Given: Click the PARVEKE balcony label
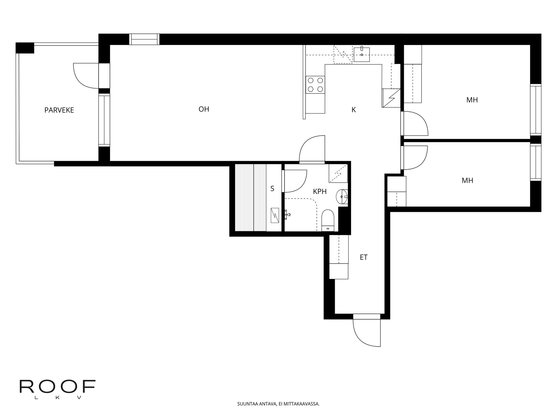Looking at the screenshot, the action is point(59,110).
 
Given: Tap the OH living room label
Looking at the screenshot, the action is point(204,109).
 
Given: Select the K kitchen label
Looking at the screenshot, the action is point(354,110).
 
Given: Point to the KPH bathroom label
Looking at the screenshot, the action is point(320,192).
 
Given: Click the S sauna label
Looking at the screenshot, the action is point(272,189).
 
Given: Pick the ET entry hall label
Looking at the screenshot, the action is point(364,257).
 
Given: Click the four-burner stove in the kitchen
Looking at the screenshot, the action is point(315,84).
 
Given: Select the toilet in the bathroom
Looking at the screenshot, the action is point(328,220).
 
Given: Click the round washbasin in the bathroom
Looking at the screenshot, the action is point(342,197).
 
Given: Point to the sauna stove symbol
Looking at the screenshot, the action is point(275,215).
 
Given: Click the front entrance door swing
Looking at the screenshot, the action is point(367,333).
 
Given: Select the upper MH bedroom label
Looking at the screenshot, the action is point(472,100).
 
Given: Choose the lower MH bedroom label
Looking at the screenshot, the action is point(467,181).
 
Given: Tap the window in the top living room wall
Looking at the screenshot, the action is point(144,39).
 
